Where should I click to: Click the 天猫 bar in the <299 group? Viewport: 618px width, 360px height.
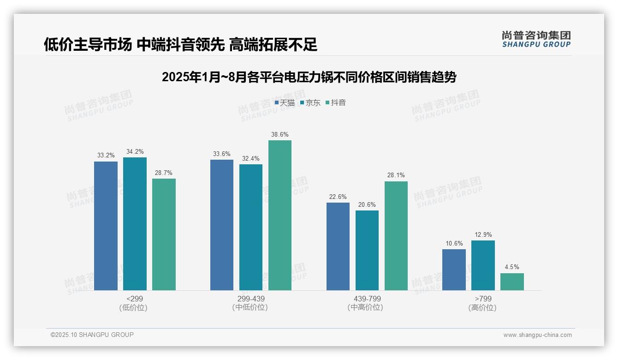tap(106, 226)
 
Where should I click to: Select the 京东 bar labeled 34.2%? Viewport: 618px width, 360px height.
tap(135, 224)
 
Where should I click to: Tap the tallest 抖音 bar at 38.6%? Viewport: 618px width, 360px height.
tap(280, 215)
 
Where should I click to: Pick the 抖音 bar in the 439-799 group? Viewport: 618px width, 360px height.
tap(396, 236)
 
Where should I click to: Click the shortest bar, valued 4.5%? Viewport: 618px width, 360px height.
tap(512, 282)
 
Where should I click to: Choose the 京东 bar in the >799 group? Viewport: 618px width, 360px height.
tap(483, 265)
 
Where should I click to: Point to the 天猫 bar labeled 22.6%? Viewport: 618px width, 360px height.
tap(338, 246)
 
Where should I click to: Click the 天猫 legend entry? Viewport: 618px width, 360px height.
tap(285, 103)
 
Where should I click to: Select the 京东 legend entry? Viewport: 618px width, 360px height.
tap(310, 103)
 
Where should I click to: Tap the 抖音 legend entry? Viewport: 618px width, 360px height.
tap(336, 103)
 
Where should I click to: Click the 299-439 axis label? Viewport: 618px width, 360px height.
tap(251, 299)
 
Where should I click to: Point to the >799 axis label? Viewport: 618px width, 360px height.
tap(483, 299)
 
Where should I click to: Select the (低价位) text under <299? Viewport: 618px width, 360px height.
tap(133, 307)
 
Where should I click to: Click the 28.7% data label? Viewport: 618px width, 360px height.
tap(164, 173)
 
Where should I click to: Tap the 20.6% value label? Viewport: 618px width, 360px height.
tap(367, 205)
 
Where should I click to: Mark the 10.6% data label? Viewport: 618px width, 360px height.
tap(454, 244)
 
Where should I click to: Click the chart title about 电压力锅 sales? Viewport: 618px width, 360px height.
tap(309, 77)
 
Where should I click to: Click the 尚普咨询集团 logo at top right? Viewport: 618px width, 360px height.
tap(536, 39)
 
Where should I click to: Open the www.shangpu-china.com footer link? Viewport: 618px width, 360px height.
tap(537, 335)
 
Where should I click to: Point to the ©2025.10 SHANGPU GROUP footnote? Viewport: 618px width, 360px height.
tap(92, 335)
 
